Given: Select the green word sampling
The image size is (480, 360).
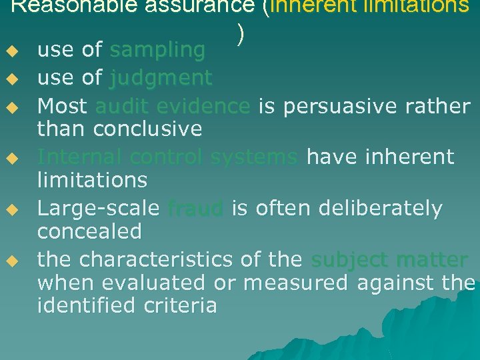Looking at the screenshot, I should (x=157, y=49).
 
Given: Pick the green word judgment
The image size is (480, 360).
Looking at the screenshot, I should (x=161, y=78).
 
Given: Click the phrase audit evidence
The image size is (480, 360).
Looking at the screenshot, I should (x=173, y=105).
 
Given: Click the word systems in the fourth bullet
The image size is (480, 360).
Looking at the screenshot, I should (x=253, y=157).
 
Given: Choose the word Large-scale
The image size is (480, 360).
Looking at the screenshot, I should (x=98, y=209).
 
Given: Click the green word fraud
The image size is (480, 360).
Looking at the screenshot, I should (x=195, y=209).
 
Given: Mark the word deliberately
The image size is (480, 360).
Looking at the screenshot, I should (x=380, y=209).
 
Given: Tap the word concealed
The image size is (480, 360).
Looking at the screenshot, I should (x=89, y=231).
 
